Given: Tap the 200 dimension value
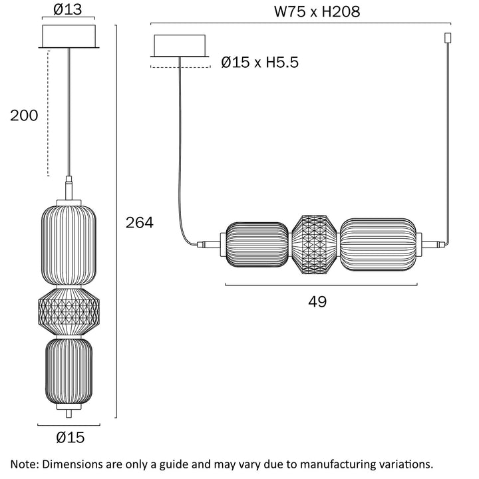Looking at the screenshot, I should [x=24, y=115].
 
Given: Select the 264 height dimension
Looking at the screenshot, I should [x=140, y=223].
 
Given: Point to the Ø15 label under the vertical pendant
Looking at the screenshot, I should [x=70, y=437].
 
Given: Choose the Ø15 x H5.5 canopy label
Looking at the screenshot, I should [x=260, y=63].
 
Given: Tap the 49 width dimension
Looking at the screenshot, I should [x=317, y=301].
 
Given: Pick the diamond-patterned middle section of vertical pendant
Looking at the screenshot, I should [x=69, y=311].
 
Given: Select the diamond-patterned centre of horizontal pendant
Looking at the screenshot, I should [x=316, y=245].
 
